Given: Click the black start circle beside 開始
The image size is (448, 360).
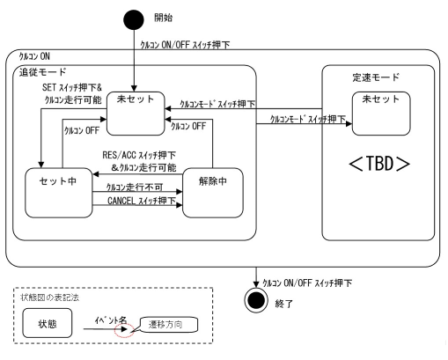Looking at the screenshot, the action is [x=134, y=19].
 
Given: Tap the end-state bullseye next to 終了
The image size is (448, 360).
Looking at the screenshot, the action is [x=256, y=300].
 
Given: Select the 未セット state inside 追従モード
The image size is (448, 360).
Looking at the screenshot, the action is [x=136, y=114].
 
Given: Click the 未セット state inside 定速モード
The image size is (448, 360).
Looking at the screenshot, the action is [x=381, y=114].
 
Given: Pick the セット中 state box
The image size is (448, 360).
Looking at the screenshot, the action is [x=59, y=193].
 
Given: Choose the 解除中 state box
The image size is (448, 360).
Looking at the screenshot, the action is [x=213, y=193].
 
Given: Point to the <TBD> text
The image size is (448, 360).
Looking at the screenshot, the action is [x=379, y=164].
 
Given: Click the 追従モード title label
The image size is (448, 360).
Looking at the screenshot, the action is [x=43, y=72].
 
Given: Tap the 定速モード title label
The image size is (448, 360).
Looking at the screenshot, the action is [x=376, y=77].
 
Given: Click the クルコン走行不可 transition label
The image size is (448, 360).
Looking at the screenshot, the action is [x=135, y=187].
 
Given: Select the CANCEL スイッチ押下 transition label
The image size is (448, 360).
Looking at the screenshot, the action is [x=142, y=201].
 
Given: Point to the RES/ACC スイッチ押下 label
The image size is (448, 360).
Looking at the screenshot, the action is [x=139, y=155].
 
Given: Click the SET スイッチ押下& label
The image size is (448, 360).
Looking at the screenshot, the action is [x=72, y=87].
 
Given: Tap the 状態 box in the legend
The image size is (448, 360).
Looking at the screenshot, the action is [x=48, y=323].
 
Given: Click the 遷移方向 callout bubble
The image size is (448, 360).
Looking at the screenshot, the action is [x=169, y=325].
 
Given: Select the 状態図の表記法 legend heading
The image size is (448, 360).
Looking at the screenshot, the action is [x=50, y=298].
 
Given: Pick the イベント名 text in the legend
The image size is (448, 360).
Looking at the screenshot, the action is [x=111, y=320].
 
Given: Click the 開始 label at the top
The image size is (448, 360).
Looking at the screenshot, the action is [x=164, y=18].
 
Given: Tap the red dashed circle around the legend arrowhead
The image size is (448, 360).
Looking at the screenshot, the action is [x=124, y=330].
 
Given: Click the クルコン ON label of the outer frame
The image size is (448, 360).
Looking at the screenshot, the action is [x=34, y=56].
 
